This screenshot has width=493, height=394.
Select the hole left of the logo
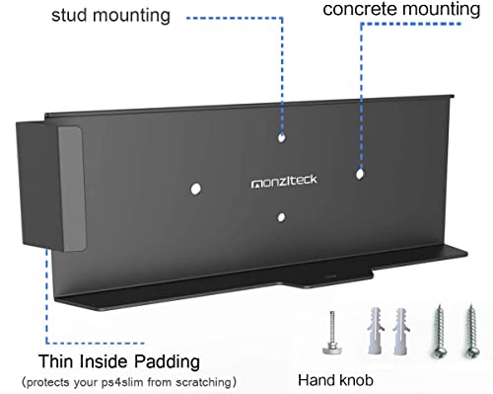[x=197, y=185]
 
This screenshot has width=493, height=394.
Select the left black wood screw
[x=434, y=335]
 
